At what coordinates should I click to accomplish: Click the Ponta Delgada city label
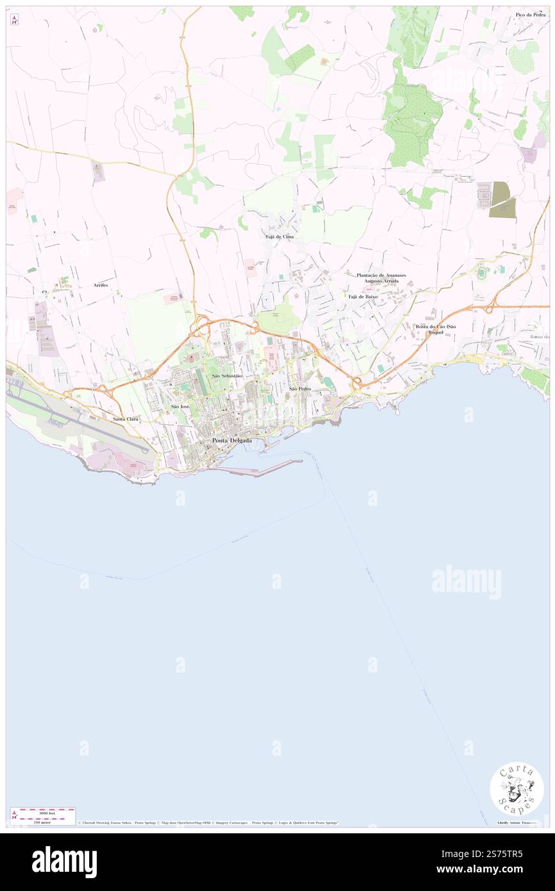click(232, 440)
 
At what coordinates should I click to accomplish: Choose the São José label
click(180, 406)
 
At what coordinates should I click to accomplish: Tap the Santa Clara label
click(126, 419)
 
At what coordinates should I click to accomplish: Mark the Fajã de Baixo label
click(363, 297)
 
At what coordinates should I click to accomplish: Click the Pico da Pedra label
click(530, 14)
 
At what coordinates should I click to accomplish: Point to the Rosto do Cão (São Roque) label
click(436, 329)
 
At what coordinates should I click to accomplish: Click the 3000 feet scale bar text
click(44, 812)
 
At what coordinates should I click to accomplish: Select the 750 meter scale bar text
click(42, 822)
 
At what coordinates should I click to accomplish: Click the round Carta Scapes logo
click(517, 788)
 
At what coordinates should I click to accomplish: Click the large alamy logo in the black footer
click(64, 862)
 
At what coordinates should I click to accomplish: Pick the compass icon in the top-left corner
click(14, 20)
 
